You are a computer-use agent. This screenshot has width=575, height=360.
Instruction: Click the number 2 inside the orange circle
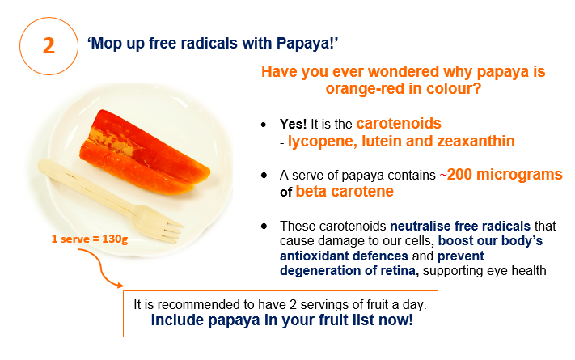[x=49, y=46]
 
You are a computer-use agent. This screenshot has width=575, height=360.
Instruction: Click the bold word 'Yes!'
[x=293, y=124]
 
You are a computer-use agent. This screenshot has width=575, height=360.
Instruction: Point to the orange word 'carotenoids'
[x=399, y=124]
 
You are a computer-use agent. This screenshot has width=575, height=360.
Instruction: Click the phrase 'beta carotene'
[x=345, y=192]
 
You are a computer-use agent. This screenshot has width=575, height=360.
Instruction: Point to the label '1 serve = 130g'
[x=90, y=239]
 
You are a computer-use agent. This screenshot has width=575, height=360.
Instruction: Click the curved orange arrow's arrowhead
[x=120, y=285]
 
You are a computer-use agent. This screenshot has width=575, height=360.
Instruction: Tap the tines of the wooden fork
[x=170, y=230]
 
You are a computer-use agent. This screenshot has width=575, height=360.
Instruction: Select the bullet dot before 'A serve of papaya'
[x=264, y=176]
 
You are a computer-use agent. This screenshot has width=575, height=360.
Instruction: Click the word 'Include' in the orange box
[x=177, y=320]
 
